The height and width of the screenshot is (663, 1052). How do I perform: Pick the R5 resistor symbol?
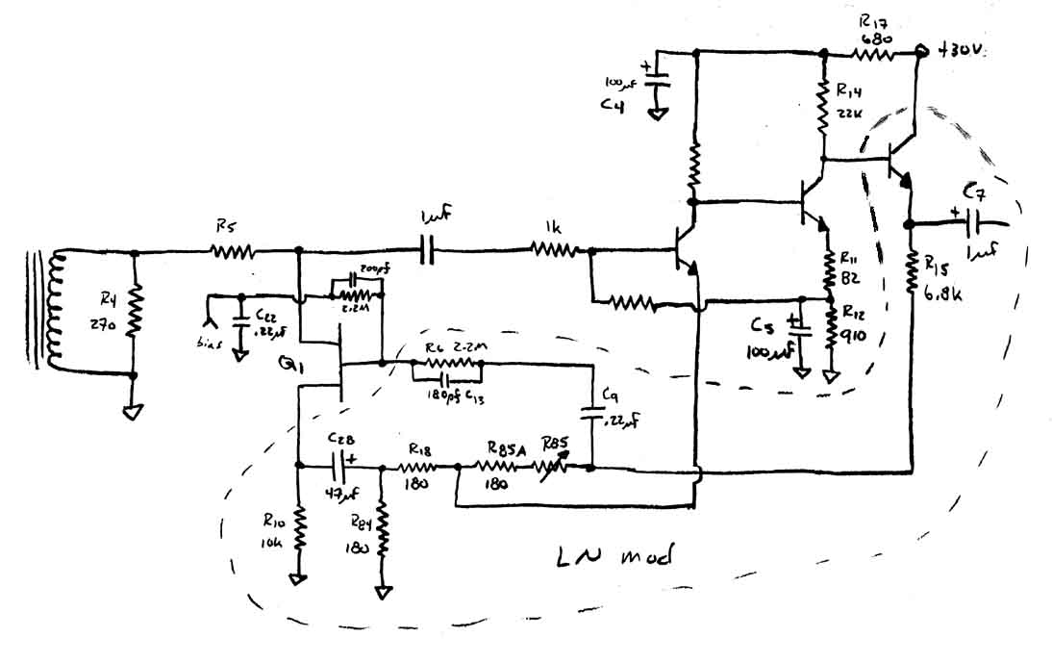(233, 253)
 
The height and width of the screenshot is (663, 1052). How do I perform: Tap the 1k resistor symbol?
(555, 251)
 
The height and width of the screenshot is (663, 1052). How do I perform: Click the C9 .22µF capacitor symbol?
(590, 415)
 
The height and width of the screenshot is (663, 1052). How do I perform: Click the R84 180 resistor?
(383, 532)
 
